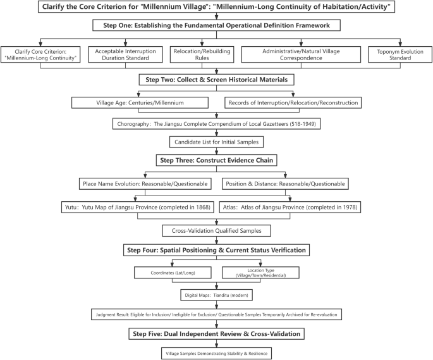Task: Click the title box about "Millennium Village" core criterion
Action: (x=216, y=8)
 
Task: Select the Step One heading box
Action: (x=216, y=25)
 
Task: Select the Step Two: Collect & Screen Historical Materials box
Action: (x=216, y=80)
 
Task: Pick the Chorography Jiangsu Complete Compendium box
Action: (x=216, y=123)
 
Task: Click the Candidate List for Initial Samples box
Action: (x=216, y=142)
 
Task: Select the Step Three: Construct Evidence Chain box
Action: (x=216, y=160)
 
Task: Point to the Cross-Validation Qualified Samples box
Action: (x=216, y=230)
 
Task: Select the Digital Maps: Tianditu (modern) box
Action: (x=216, y=294)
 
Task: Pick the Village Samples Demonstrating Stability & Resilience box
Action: (x=216, y=353)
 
